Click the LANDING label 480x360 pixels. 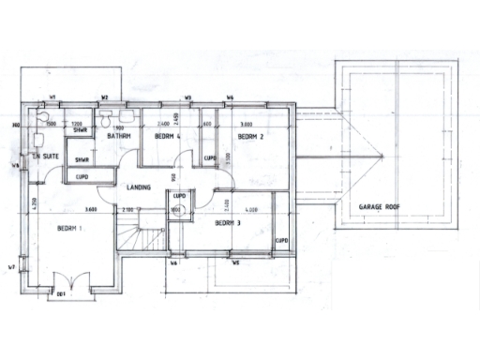tap(139, 186)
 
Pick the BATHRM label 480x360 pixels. tap(117, 137)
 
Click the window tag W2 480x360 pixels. tap(105, 97)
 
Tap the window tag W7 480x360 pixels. tap(11, 268)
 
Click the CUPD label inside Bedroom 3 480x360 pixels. tap(280, 240)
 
